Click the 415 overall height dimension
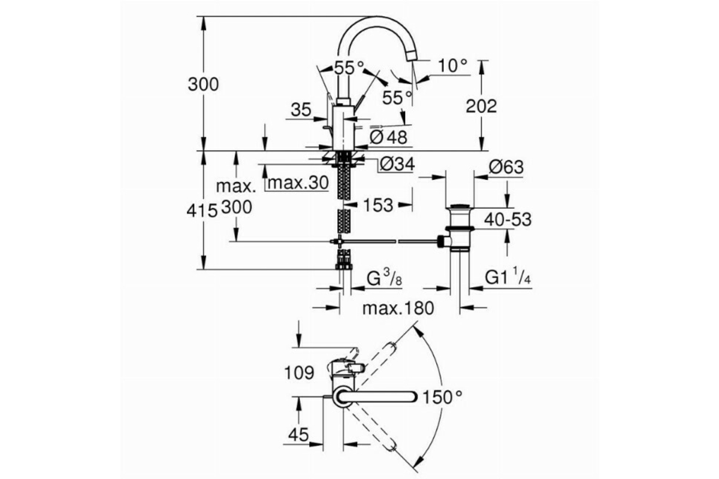coord(203,211)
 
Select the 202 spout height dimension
coord(481,106)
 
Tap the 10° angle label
coord(453,66)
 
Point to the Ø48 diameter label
coord(388,137)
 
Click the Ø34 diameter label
coord(397,164)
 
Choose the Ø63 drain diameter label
coord(506,167)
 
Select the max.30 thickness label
coord(298,183)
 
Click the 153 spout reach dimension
coord(378,205)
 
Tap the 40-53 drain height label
coord(508,220)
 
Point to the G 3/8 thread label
coord(384,277)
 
